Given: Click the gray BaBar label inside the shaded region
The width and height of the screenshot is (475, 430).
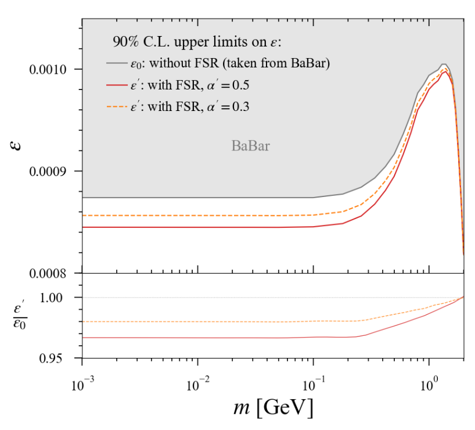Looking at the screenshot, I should [251, 146].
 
